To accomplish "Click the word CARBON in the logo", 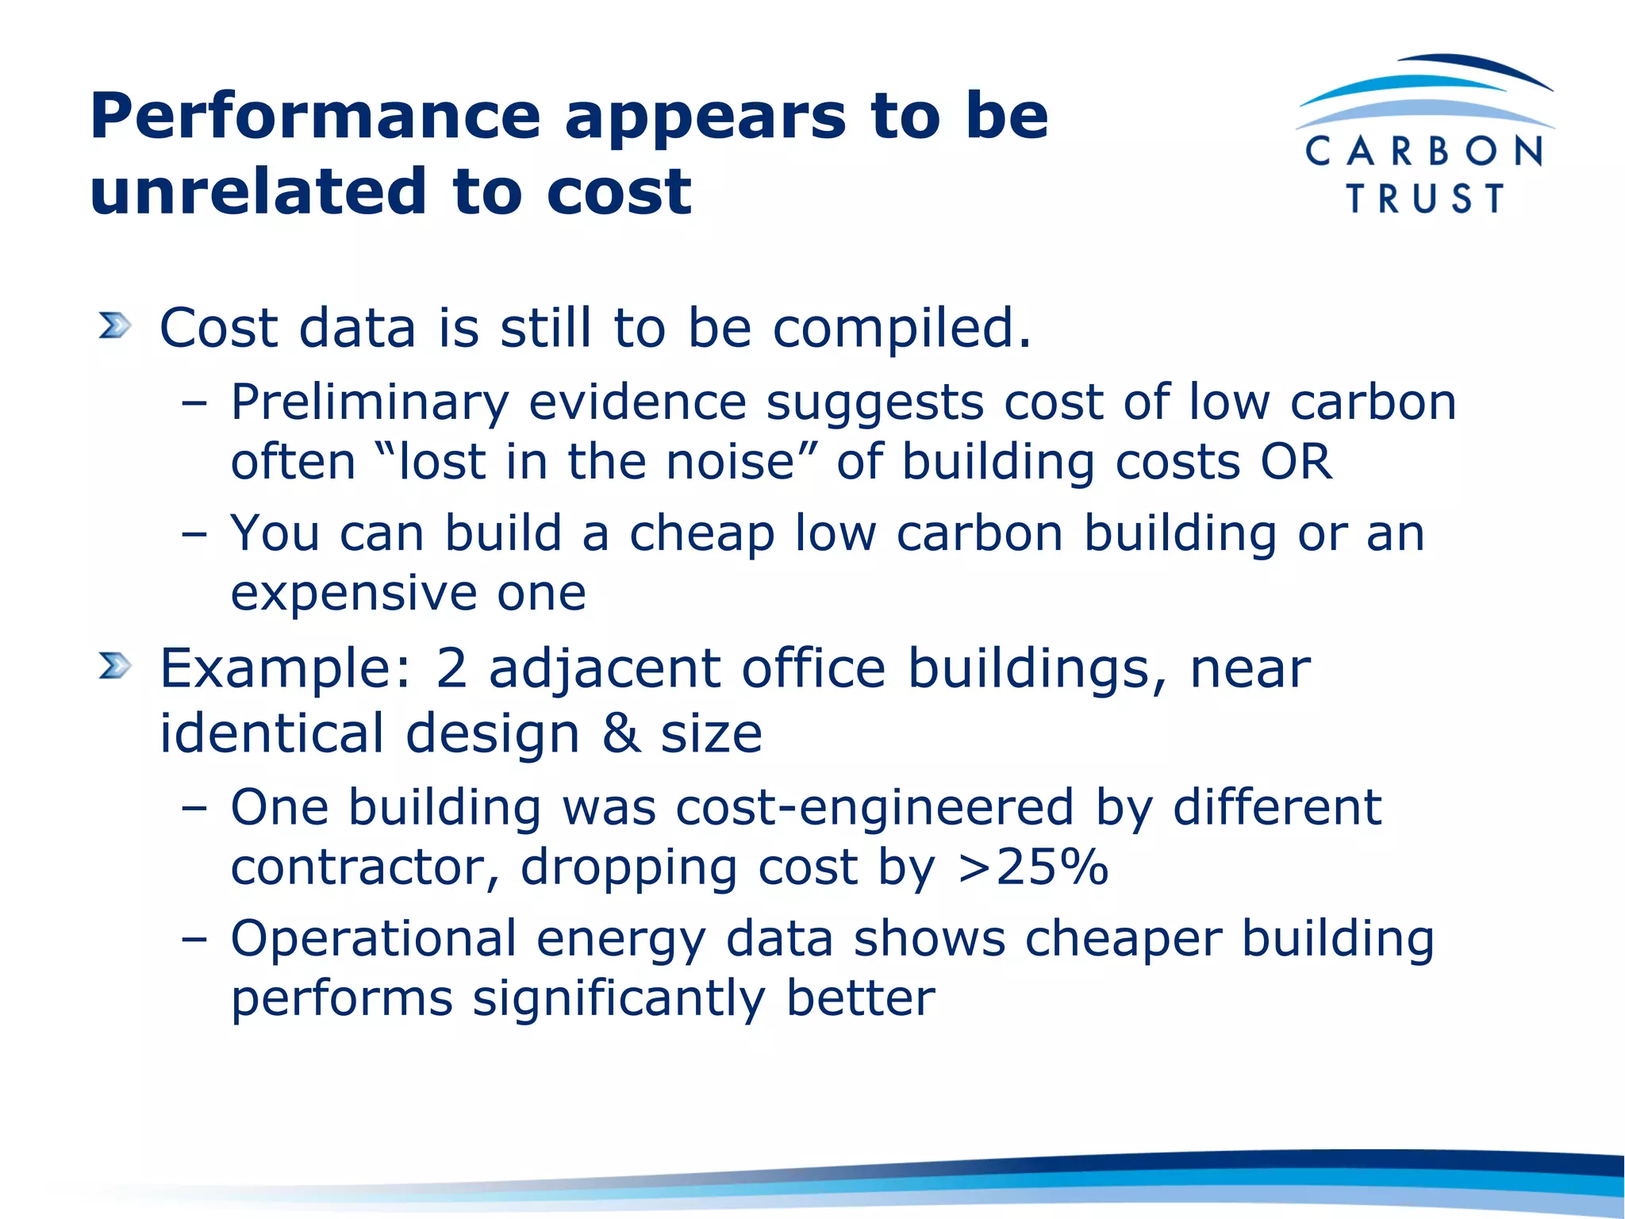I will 1424,152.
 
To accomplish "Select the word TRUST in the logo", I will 1425,198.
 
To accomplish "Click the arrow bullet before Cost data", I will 114,326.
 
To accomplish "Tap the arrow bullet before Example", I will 114,666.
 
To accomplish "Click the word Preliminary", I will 369,403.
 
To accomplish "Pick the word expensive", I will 353,594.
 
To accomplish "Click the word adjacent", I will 605,670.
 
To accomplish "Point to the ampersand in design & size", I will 620,733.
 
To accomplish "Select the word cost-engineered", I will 875,808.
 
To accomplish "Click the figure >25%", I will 1033,867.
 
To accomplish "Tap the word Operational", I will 374,940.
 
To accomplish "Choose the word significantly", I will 619,999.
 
